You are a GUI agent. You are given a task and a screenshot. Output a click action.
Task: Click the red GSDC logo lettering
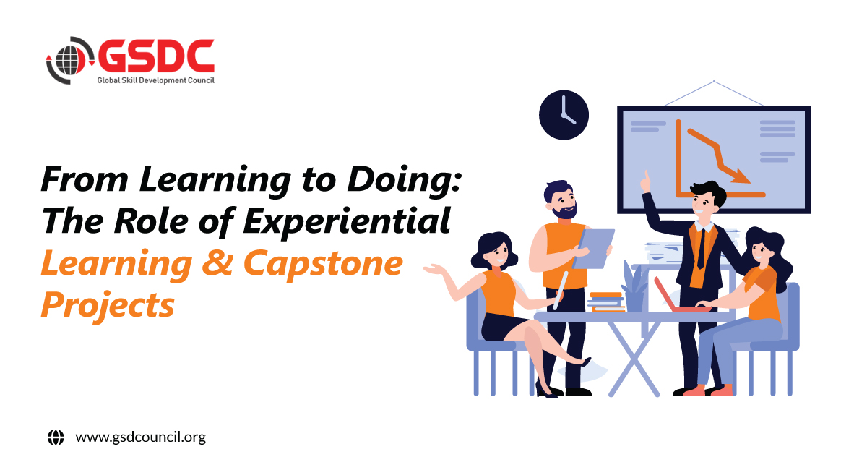[156, 56]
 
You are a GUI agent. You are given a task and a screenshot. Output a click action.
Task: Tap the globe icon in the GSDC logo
[69, 61]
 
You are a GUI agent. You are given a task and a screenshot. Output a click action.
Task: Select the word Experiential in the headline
[347, 221]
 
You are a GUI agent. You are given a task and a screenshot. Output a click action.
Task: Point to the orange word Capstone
[323, 264]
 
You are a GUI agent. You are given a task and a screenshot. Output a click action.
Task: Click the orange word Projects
[108, 307]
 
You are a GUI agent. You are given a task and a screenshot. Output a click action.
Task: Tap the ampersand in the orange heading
[217, 262]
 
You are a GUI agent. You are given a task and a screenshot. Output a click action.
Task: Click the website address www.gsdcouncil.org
[141, 437]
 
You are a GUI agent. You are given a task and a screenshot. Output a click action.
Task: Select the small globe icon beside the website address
[56, 437]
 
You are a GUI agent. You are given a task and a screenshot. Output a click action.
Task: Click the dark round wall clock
[564, 115]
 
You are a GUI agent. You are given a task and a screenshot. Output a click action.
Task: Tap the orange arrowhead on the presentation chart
[741, 176]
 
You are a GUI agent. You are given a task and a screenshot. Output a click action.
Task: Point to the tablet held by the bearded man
[593, 249]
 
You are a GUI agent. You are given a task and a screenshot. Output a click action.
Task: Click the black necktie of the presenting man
[702, 249]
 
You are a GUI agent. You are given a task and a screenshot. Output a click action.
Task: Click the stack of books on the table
[606, 302]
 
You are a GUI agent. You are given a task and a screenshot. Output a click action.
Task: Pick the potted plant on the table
[634, 286]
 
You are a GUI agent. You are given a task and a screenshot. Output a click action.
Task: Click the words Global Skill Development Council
[155, 80]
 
